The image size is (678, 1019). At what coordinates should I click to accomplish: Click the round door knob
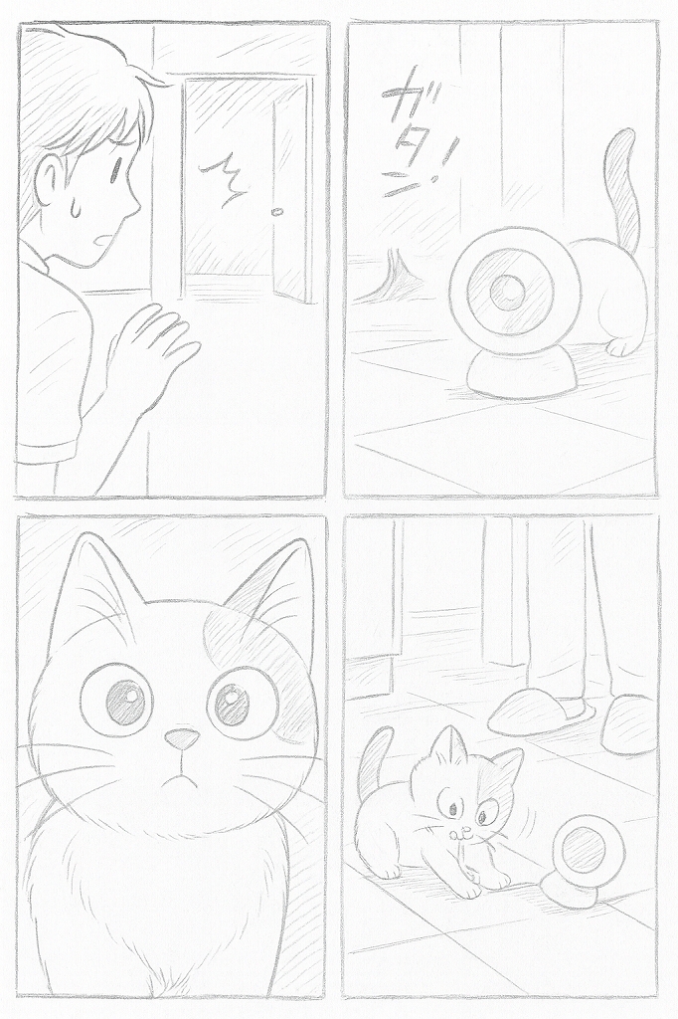277,211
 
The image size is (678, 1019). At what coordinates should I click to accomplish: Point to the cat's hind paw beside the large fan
618,345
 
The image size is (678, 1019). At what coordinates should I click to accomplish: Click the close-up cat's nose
181,737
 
